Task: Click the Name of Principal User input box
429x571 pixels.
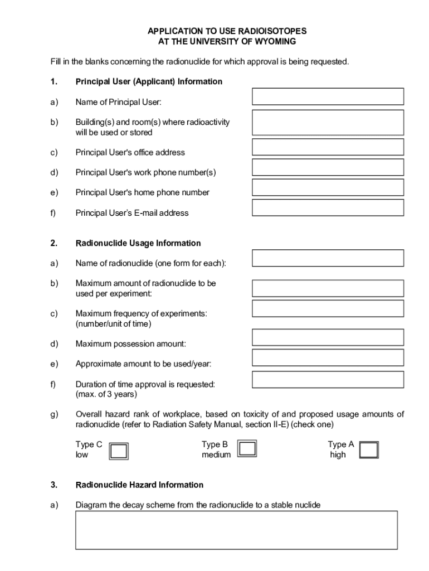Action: [328, 96]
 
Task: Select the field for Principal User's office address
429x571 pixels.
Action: [328, 147]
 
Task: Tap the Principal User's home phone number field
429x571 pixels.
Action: [328, 187]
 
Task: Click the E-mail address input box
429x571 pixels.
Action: [328, 207]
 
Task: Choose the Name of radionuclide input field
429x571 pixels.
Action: [328, 258]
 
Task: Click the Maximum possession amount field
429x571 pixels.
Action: [328, 337]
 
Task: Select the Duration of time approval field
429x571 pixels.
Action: [328, 380]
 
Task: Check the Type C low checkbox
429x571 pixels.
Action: [119, 451]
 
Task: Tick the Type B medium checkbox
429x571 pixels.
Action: [247, 449]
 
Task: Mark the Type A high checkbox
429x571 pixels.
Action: [369, 450]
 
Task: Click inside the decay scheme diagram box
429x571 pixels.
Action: [236, 530]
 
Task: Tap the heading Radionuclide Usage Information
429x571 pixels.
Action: [138, 243]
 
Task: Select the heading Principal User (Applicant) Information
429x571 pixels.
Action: [149, 82]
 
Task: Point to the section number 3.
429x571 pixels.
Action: [53, 485]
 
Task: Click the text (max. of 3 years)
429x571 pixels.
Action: [106, 394]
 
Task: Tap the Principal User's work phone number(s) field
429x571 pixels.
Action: [328, 167]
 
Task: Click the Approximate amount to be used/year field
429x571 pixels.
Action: [328, 357]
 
